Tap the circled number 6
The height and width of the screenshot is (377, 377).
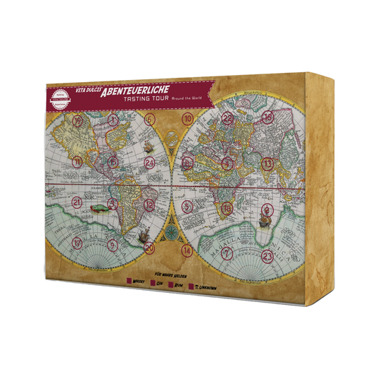(149, 120)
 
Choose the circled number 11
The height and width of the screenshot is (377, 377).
(78, 161)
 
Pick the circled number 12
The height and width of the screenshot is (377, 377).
(149, 205)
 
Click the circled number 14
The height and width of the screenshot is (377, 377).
(187, 250)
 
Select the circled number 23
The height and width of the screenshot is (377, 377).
(267, 255)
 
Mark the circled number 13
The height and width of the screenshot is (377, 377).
(267, 163)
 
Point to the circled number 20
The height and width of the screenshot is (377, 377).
(149, 248)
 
